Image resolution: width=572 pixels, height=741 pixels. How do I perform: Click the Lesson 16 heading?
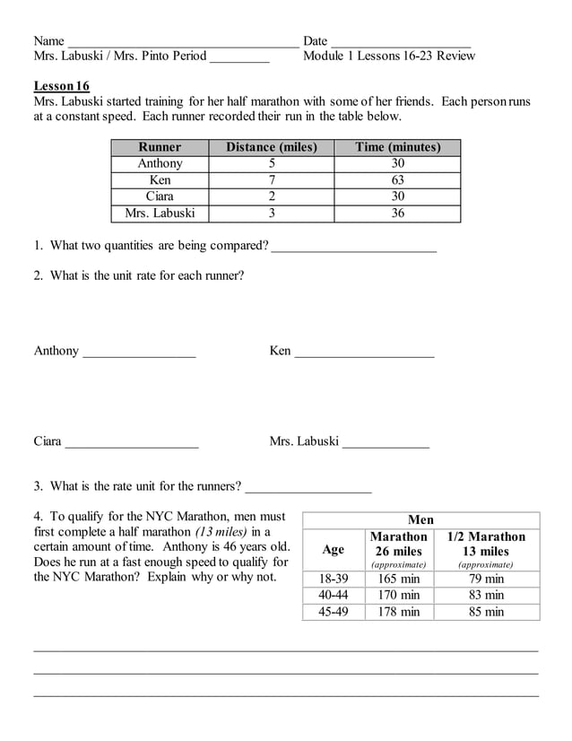(62, 86)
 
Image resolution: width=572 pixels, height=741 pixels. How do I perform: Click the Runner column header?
(160, 147)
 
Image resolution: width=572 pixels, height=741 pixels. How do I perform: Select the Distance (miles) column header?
(272, 147)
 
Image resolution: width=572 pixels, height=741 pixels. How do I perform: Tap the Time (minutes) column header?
(397, 147)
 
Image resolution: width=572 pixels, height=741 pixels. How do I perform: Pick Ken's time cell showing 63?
(397, 180)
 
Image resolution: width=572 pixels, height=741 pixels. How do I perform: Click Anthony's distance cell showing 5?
(272, 163)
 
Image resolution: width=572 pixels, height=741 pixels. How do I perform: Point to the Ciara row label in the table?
(160, 196)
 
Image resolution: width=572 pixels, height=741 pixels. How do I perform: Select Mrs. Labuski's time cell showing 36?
(397, 214)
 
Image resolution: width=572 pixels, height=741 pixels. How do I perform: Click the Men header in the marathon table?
(420, 520)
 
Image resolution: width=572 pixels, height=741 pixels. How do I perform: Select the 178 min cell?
(398, 612)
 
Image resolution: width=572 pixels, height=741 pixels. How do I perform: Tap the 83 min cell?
(487, 595)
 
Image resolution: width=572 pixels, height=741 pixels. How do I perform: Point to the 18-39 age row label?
(333, 579)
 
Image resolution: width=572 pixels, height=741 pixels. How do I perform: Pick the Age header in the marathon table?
(333, 550)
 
